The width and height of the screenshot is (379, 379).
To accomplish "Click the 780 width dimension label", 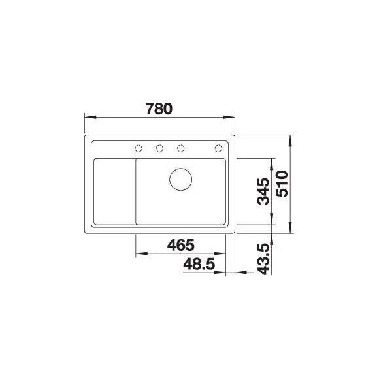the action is pos(159,108).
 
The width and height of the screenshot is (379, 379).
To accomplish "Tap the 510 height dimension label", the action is pos(282,184).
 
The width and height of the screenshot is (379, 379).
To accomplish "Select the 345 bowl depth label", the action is pos(263,191).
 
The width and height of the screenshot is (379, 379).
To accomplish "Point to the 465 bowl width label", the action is pos(181,245).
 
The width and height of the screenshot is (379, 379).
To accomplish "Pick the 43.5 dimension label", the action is pos(263,259).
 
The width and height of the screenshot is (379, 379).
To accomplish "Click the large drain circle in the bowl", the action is pos(181,179).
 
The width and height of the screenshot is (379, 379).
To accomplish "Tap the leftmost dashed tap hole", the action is pos(139,148).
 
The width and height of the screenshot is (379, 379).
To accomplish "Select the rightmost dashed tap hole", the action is pos(218,148).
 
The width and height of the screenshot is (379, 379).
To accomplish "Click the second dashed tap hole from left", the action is pos(159,148).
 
